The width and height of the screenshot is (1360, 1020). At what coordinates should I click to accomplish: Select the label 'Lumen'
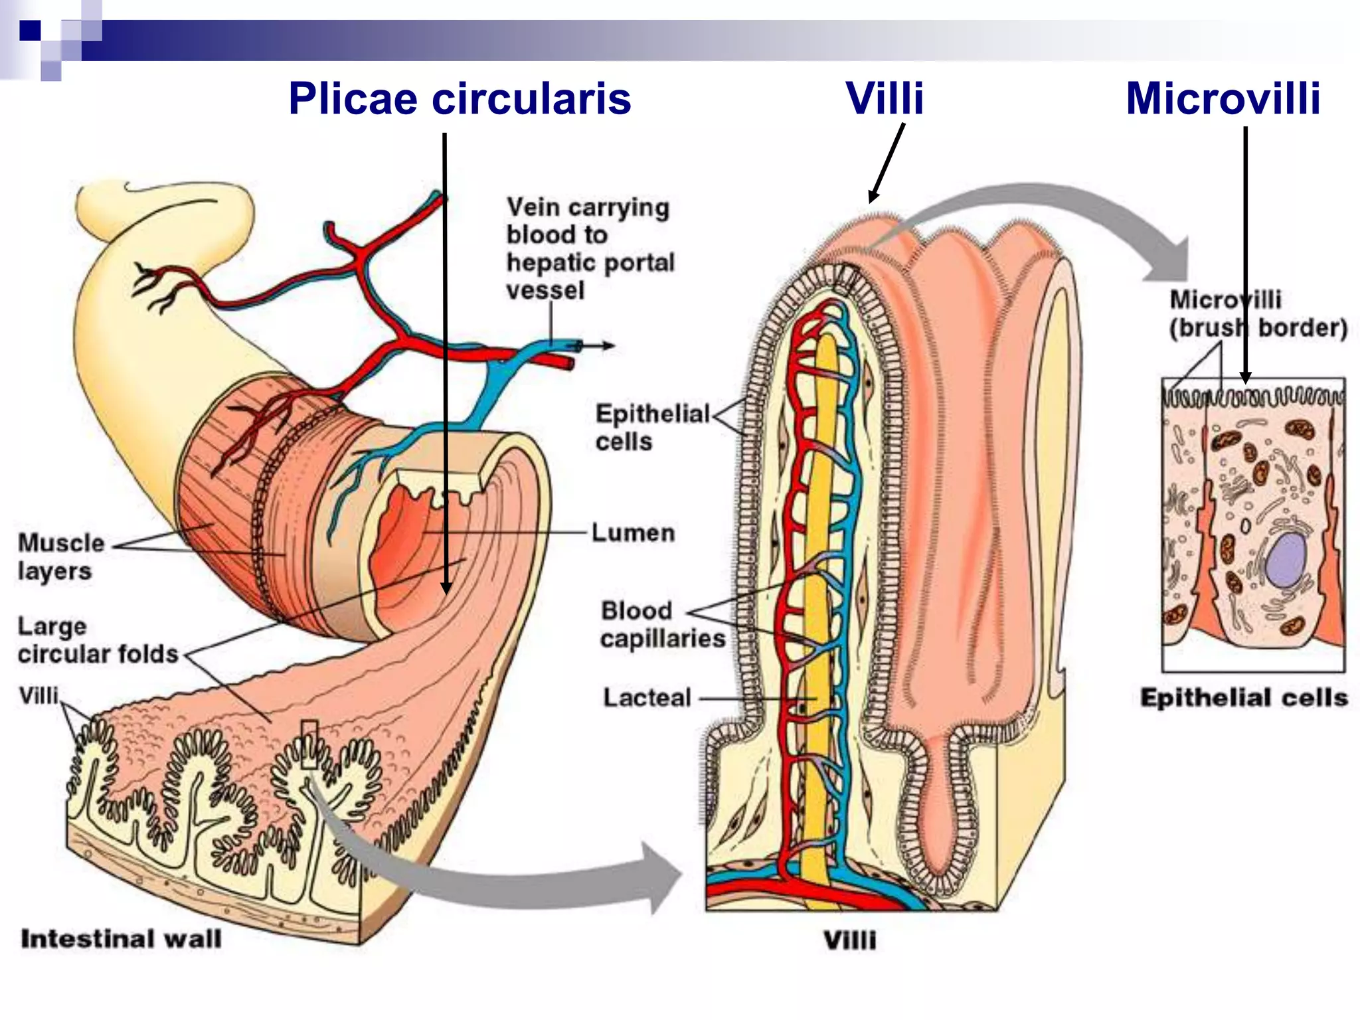tap(633, 533)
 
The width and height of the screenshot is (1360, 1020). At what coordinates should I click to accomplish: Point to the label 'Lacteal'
tap(647, 698)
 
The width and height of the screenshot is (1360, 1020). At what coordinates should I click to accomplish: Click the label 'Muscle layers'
tap(60, 556)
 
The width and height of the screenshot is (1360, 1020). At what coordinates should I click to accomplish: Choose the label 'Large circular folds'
tap(97, 640)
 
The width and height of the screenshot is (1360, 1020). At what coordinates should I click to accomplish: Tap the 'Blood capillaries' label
tap(661, 624)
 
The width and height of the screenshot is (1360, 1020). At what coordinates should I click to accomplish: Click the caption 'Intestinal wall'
tap(121, 939)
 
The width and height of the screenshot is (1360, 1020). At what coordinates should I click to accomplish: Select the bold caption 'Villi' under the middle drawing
tap(849, 940)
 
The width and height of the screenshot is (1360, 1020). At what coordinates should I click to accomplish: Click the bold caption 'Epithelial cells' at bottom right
tap(1244, 698)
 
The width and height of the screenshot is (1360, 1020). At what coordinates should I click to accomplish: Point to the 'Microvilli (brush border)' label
tap(1257, 313)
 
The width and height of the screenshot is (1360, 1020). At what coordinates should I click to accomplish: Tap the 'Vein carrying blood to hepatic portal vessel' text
tap(590, 249)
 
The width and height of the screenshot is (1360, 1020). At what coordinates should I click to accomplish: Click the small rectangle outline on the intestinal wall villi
tap(309, 744)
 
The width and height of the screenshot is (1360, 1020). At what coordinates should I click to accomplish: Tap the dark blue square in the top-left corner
tap(30, 31)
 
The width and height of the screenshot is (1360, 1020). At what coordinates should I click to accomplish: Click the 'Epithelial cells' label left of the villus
tap(651, 427)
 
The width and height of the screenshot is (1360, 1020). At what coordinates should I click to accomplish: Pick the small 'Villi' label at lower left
tap(39, 696)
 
